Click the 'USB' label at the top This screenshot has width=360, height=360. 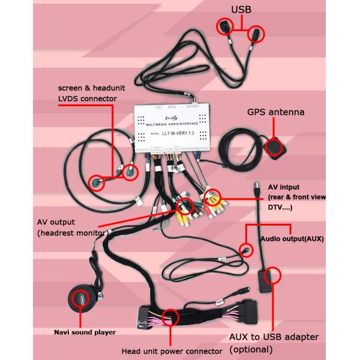(241, 8)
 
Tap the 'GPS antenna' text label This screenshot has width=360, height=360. (275, 112)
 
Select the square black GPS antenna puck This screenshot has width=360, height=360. (274, 147)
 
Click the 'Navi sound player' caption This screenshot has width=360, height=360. (85, 332)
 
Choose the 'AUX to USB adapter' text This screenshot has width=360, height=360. (275, 337)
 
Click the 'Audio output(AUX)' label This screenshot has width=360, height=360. (292, 238)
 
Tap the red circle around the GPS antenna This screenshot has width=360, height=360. (275, 147)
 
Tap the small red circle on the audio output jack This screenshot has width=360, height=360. (245, 250)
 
